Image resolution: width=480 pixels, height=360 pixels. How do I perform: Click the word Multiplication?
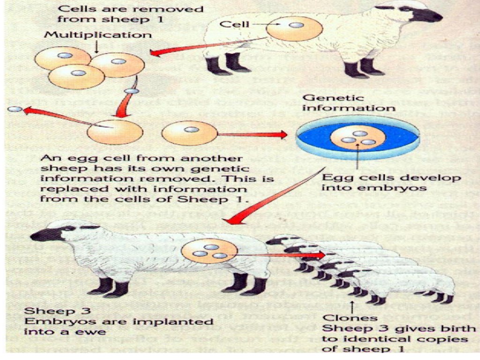click(98, 35)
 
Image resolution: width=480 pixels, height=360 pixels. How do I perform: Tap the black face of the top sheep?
click(424, 14)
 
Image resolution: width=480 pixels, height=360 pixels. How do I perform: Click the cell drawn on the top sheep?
click(294, 29)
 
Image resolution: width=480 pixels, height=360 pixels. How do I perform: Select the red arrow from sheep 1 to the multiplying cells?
click(202, 47)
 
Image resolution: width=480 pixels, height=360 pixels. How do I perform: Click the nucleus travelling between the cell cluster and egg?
click(131, 91)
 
